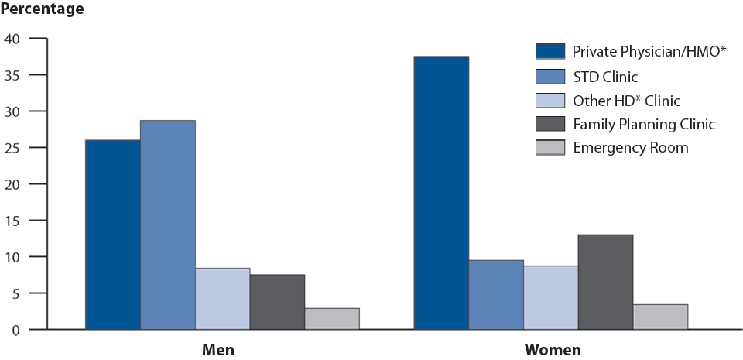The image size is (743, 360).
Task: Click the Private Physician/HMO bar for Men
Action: tap(113, 235)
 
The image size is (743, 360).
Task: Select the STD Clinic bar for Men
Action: tap(168, 225)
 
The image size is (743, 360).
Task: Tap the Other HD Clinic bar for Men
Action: tap(223, 299)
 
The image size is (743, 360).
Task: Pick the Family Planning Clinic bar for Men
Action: tap(277, 302)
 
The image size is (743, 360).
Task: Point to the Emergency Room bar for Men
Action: tap(332, 319)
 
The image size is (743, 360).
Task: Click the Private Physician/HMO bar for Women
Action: tap(441, 193)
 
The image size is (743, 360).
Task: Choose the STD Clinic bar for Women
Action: tap(496, 295)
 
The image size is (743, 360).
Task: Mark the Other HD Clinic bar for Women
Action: tap(550, 298)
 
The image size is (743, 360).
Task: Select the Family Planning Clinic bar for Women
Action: tap(605, 282)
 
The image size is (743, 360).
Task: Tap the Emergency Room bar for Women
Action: tap(660, 317)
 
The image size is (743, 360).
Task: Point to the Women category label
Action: tap(553, 350)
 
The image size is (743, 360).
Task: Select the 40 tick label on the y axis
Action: tap(14, 39)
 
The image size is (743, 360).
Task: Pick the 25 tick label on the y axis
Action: tap(14, 148)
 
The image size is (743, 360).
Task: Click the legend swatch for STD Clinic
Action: tap(550, 76)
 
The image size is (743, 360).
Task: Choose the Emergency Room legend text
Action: tap(630, 147)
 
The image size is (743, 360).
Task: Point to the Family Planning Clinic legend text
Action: tap(643, 123)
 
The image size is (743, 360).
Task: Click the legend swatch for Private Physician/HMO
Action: tap(550, 52)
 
